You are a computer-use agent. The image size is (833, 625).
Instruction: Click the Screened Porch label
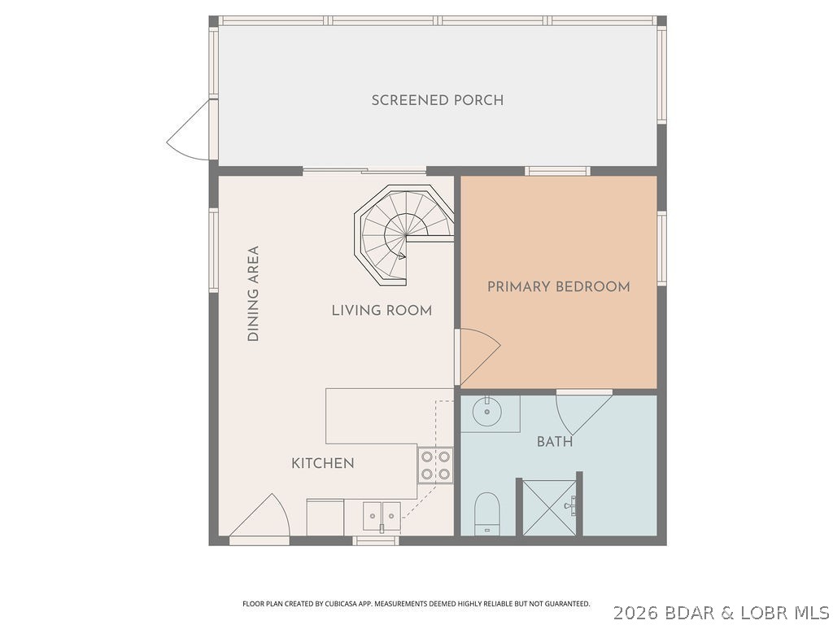tap(438, 100)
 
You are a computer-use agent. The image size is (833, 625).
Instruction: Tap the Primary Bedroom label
tap(558, 286)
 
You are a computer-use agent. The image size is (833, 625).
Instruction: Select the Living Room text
tap(382, 310)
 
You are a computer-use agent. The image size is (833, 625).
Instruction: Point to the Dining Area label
tap(253, 294)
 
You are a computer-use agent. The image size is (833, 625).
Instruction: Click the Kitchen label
tap(323, 463)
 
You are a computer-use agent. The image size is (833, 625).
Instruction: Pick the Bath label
tap(555, 442)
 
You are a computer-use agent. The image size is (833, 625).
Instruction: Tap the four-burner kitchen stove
tap(436, 465)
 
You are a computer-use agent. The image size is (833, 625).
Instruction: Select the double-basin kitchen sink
tap(382, 514)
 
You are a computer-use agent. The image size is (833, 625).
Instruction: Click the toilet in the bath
tap(486, 512)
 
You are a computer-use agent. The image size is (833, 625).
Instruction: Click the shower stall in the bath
tap(550, 508)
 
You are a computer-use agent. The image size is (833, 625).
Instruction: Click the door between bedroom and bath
tap(582, 411)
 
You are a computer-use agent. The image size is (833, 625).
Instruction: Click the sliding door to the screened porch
tap(364, 170)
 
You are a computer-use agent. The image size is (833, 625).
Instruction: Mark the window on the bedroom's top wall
tap(557, 171)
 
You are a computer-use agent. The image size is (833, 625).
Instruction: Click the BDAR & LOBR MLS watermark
tap(721, 611)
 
